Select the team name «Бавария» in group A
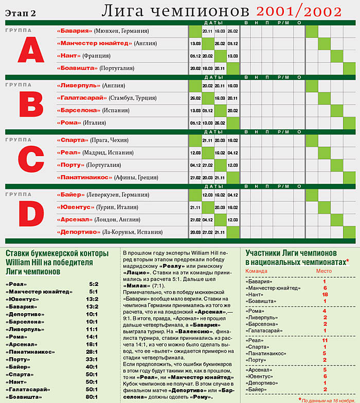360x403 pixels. click(75, 31)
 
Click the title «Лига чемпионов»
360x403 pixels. click(175, 10)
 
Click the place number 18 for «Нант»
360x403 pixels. click(325, 295)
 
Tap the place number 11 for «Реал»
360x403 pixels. click(325, 340)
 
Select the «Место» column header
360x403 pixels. click(324, 271)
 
